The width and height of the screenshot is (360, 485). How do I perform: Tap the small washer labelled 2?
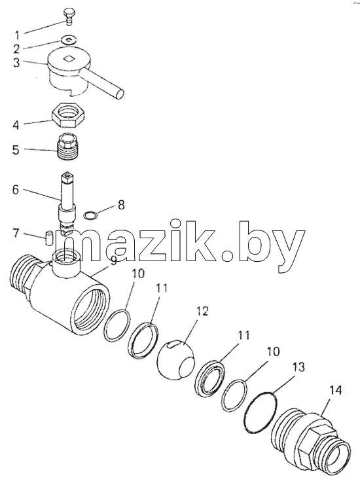coord(69,40)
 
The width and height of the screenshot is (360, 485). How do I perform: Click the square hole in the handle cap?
coord(69,58)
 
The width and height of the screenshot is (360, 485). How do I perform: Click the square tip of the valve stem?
coord(67,177)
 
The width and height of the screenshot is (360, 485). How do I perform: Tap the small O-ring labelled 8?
coord(90,215)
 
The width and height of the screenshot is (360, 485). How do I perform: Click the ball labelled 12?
coord(175,359)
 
